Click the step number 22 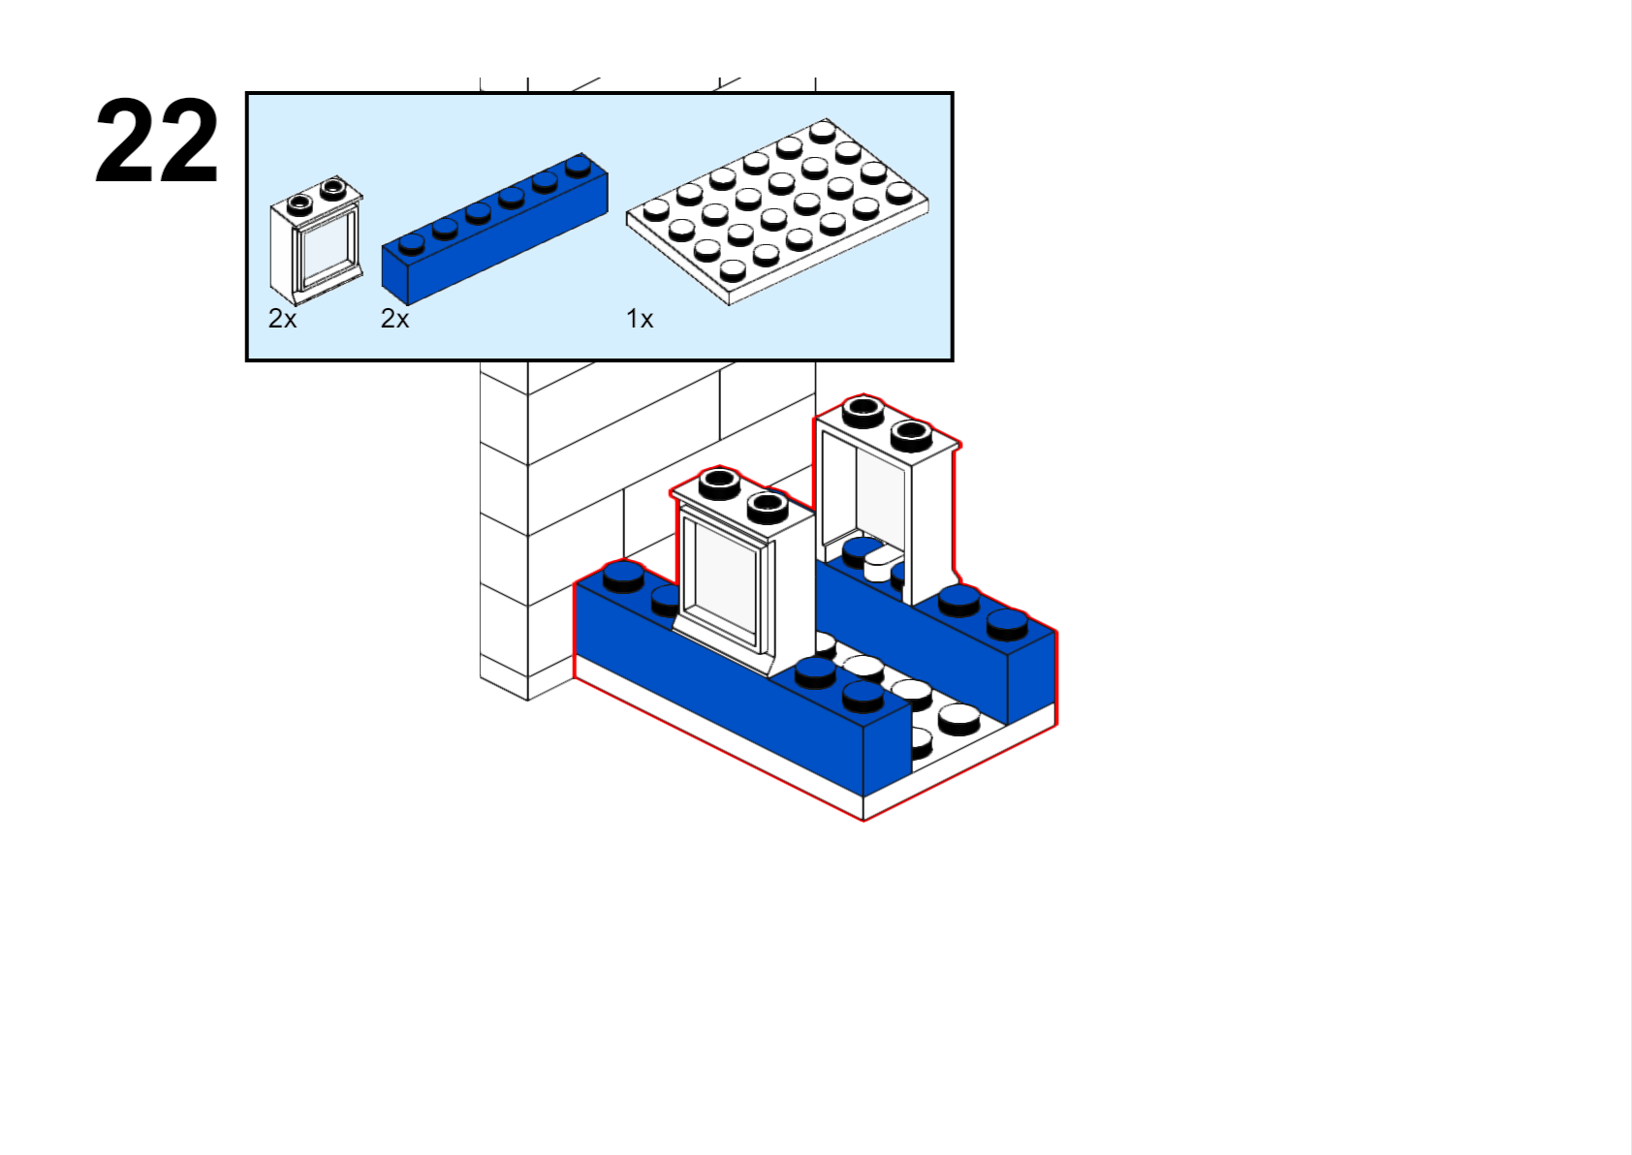click(157, 141)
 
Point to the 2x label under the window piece click(282, 319)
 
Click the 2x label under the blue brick click(394, 319)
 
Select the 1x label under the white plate click(640, 319)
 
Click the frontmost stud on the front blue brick click(863, 694)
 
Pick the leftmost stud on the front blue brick click(623, 576)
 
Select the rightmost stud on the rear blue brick click(1007, 623)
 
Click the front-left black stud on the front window click(719, 481)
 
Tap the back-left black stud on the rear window click(863, 411)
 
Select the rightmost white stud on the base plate click(958, 718)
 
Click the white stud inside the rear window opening click(882, 563)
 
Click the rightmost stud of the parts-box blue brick click(579, 166)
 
